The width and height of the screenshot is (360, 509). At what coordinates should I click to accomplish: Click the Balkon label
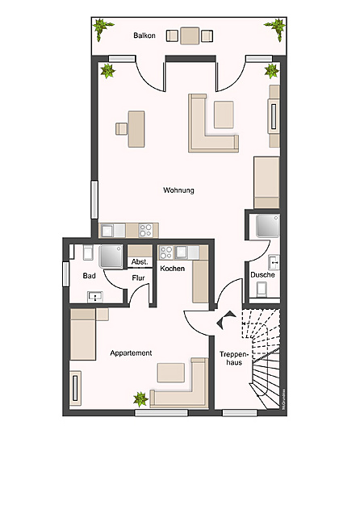coord(144,35)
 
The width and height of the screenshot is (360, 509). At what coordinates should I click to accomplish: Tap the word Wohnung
coord(178,190)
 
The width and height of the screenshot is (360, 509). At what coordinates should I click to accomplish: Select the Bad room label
coord(90,276)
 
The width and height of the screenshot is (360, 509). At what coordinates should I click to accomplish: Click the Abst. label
coord(139,261)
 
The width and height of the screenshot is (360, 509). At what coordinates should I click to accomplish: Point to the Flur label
coord(139,279)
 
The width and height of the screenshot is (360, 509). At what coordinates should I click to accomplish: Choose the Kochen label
coord(173,268)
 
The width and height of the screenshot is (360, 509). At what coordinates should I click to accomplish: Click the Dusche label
coord(262,275)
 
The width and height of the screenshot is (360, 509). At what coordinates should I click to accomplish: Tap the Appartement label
coord(131,353)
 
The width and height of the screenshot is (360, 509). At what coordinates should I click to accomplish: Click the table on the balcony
coord(190,35)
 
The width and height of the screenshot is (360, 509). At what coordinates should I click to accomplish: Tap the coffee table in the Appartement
coord(171,372)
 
